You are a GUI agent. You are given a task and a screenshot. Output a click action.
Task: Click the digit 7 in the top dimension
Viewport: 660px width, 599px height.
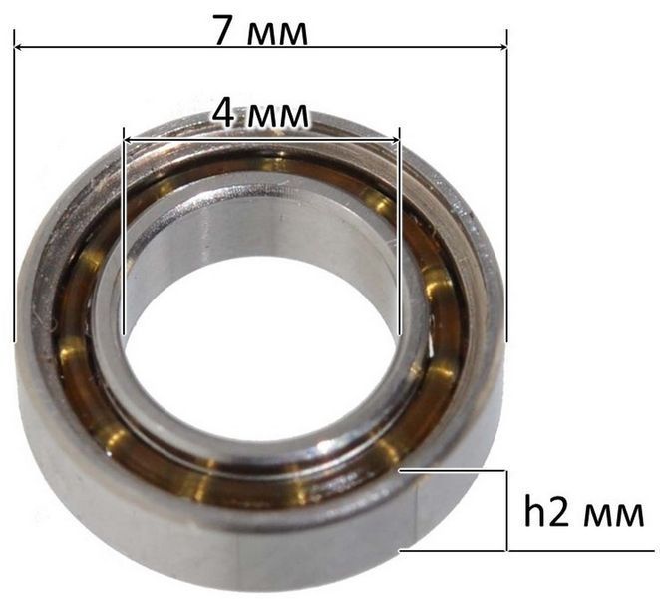coord(226,30)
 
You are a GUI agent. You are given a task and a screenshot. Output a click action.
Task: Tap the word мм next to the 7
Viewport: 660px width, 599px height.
coord(277,34)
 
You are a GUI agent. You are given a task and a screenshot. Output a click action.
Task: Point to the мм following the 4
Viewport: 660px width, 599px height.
coord(277,117)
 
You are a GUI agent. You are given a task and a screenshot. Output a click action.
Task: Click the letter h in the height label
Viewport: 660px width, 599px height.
coord(534,509)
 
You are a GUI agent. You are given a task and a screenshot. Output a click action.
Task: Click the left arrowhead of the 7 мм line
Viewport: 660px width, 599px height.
coord(19,46)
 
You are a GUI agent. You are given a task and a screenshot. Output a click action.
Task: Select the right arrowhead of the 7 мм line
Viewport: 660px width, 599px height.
coord(502,46)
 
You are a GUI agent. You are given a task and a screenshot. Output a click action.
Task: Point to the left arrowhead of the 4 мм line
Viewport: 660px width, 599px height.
coord(128,141)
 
